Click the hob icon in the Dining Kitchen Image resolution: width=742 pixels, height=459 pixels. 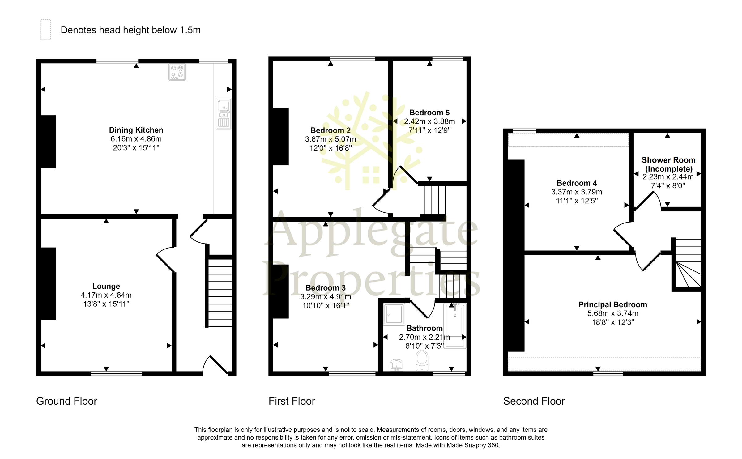[x=177, y=72]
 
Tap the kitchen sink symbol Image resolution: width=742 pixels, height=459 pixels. [x=223, y=113]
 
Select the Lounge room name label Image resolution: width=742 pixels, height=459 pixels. [x=106, y=286]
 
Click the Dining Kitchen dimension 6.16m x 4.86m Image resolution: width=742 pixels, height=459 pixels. [x=136, y=139]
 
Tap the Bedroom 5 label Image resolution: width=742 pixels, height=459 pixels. [x=429, y=113]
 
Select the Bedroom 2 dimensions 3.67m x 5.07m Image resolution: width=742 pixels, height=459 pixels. [x=330, y=139]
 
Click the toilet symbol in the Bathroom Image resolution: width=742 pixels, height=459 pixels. [x=422, y=360]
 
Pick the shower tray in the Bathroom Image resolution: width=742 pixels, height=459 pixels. [x=394, y=314]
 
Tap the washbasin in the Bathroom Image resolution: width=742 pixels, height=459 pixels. [x=396, y=365]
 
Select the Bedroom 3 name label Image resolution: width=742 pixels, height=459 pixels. [x=325, y=288]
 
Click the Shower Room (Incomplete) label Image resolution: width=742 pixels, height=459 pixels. [x=668, y=164]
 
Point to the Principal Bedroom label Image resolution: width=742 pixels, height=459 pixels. [x=612, y=304]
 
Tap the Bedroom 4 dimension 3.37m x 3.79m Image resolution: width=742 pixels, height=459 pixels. [x=576, y=192]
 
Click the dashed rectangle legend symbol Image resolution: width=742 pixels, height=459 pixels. [x=45, y=30]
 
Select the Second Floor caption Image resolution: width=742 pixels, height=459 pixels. [x=534, y=401]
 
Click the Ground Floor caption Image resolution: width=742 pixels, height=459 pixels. [x=66, y=401]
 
